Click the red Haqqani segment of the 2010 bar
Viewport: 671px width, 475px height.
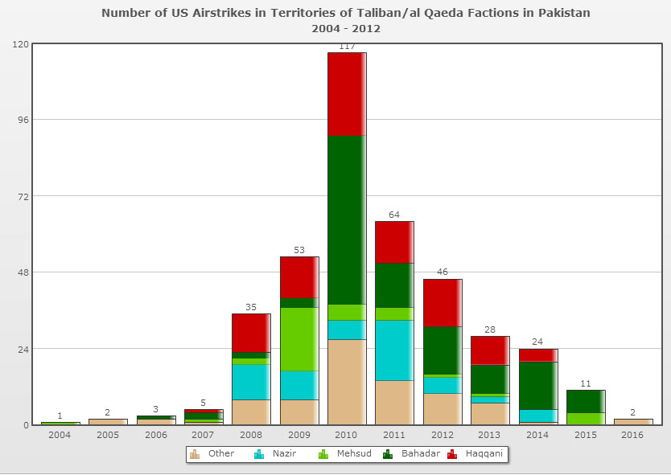pos(347,94)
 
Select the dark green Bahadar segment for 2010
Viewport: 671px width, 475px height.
pos(347,219)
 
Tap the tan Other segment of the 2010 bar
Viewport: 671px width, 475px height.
pos(347,382)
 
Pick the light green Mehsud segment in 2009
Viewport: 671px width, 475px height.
pos(299,338)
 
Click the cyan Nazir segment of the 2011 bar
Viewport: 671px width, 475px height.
pos(394,350)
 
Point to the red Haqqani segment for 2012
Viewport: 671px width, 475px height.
pos(443,302)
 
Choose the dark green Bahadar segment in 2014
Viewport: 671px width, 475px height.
pos(538,385)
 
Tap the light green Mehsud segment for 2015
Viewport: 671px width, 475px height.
pos(586,418)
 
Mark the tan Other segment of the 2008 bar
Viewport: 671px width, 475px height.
pos(251,412)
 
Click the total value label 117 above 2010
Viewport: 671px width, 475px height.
pos(348,47)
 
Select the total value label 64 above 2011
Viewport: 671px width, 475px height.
pos(394,215)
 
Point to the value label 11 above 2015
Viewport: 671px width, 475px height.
pos(586,383)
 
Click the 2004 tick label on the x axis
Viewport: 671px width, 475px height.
pos(60,435)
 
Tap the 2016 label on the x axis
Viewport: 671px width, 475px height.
pos(633,435)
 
